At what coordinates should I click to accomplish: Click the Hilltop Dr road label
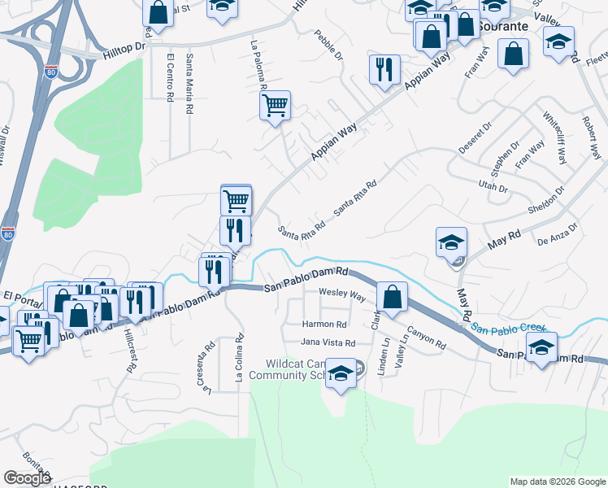click(x=124, y=50)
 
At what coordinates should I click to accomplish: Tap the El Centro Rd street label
click(x=170, y=78)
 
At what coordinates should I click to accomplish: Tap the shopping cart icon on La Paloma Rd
click(x=275, y=105)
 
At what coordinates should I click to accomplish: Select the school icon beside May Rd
click(x=451, y=242)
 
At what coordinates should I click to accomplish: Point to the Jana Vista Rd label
click(x=328, y=343)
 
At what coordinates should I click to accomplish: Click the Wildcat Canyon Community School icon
click(x=342, y=373)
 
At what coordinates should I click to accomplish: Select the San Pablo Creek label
click(x=509, y=327)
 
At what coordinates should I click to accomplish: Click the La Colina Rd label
click(x=240, y=358)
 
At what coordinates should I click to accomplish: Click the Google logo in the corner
click(x=27, y=477)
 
